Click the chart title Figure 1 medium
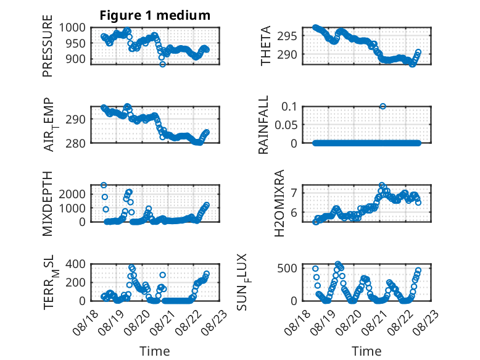[x=155, y=15]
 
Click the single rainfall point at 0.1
[x=383, y=106]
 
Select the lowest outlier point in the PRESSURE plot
[x=162, y=64]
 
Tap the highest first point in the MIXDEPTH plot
[x=104, y=185]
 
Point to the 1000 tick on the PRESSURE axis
[x=72, y=28]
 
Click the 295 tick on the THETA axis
[x=287, y=36]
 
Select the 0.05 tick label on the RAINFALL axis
[x=286, y=125]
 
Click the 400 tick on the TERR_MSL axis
[x=76, y=264]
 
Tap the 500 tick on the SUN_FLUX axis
[x=287, y=268]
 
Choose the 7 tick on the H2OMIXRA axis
[x=294, y=193]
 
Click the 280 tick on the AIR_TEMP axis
[x=76, y=143]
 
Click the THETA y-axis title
[x=266, y=46]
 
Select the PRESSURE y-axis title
[x=48, y=46]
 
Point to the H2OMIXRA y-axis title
[x=279, y=203]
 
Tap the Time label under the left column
[x=155, y=351]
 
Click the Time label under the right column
[x=366, y=351]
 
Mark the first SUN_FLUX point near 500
[x=315, y=269]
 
